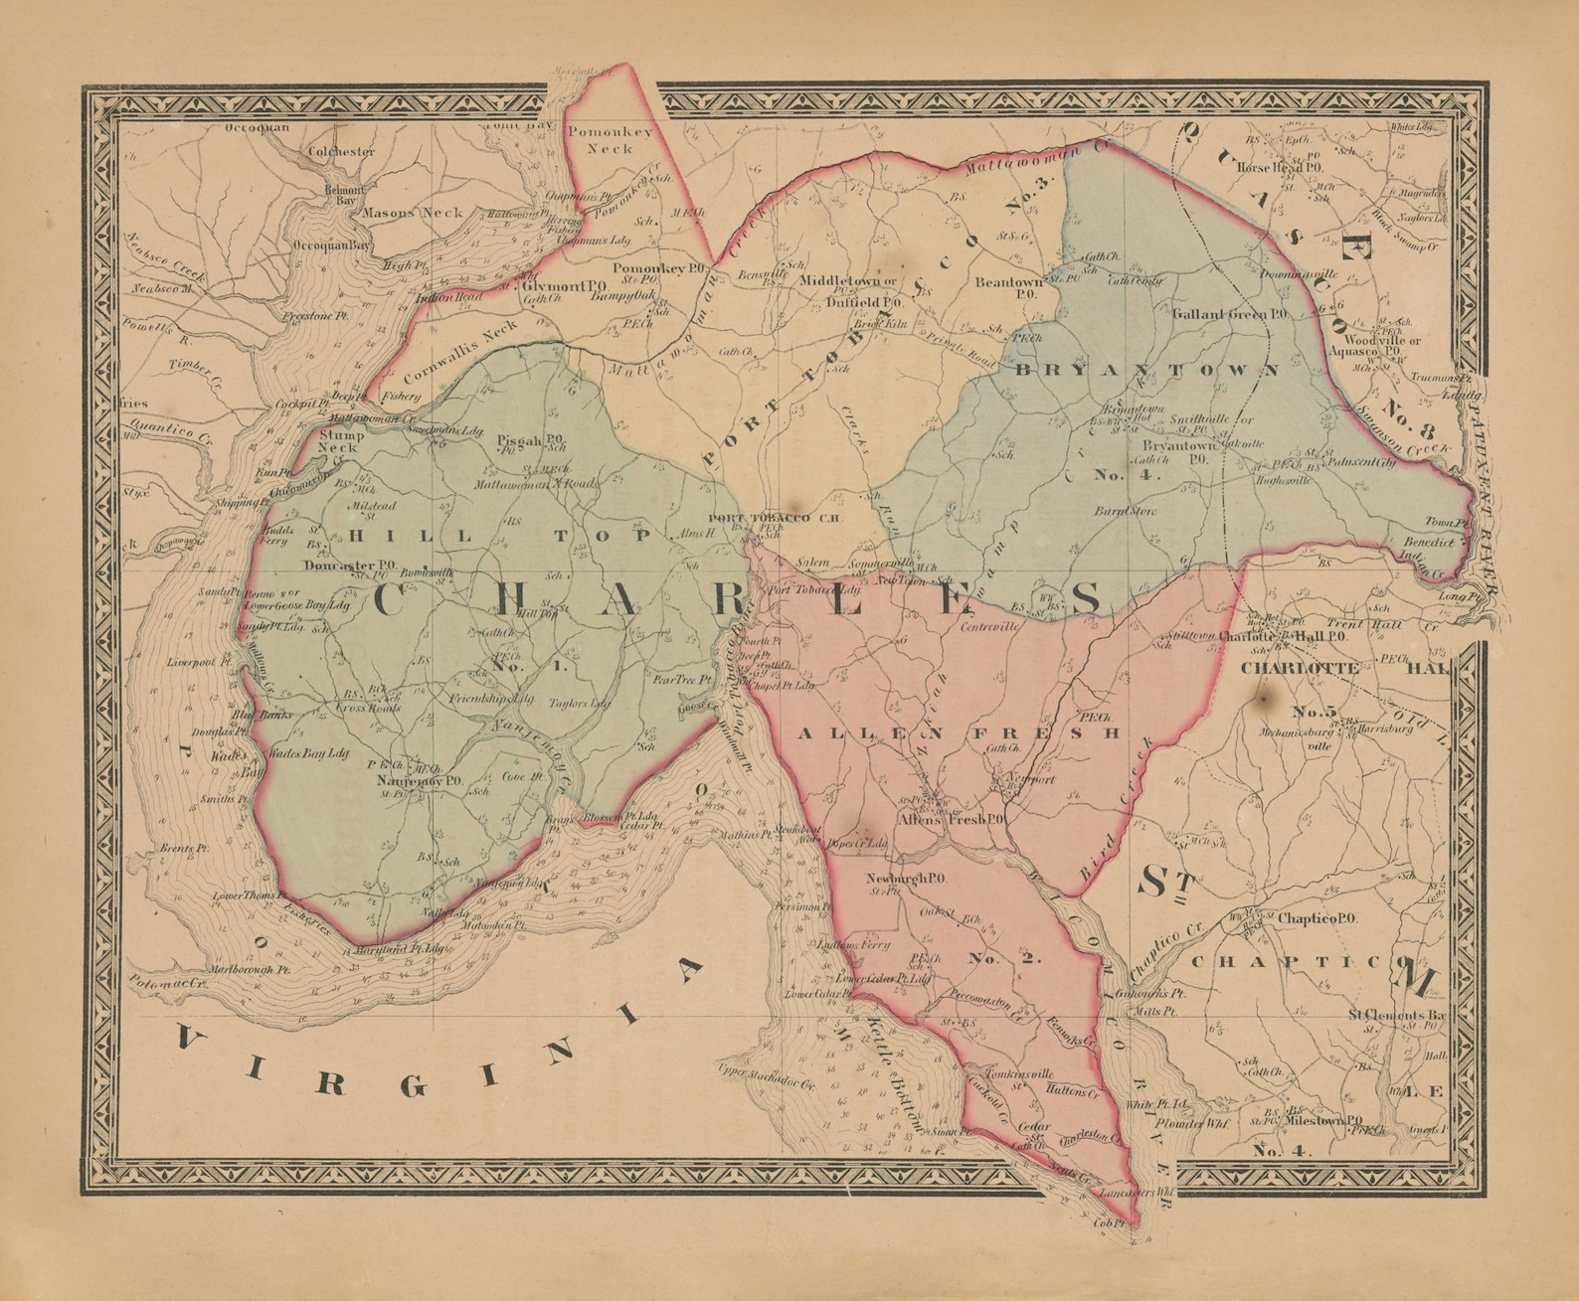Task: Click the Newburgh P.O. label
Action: (x=905, y=879)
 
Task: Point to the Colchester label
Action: (x=341, y=152)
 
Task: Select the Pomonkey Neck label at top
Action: (x=610, y=139)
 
